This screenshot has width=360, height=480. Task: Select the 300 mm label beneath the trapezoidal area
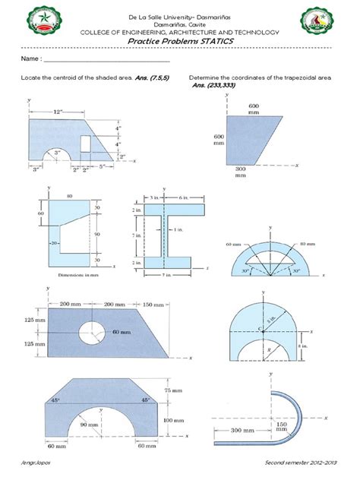click(x=241, y=171)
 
